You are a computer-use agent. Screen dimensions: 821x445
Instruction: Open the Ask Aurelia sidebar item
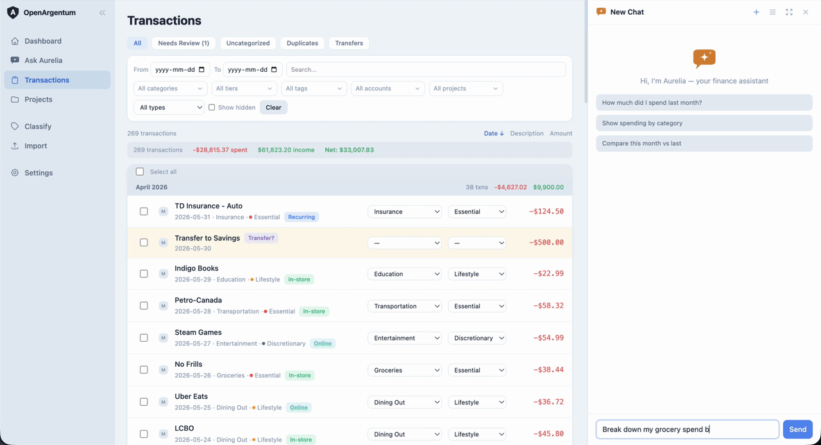click(43, 60)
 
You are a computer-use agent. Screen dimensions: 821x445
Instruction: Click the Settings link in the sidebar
click(38, 172)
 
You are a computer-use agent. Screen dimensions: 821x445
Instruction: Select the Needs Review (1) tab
click(183, 43)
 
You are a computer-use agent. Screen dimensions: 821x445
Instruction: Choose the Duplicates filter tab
click(302, 43)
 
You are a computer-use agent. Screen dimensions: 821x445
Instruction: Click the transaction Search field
click(426, 70)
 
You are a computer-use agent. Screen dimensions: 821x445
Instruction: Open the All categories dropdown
click(170, 88)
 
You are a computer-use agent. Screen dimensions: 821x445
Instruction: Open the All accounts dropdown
click(388, 88)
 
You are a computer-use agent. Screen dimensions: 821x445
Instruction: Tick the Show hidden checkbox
click(212, 107)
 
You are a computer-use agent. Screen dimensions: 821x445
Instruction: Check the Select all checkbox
click(140, 172)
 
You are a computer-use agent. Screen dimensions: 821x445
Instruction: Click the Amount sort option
click(561, 133)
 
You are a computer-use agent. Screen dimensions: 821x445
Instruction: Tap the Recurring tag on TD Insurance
click(301, 217)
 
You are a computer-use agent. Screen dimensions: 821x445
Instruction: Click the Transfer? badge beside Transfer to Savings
click(261, 238)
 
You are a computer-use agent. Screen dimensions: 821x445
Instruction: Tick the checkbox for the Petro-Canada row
click(144, 306)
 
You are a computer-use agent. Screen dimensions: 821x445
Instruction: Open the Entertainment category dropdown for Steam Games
click(405, 338)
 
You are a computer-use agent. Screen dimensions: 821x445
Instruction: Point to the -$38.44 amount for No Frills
click(548, 369)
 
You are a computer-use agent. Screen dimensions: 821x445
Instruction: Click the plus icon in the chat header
click(756, 12)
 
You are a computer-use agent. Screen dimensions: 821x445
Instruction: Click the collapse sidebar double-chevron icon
click(102, 13)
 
